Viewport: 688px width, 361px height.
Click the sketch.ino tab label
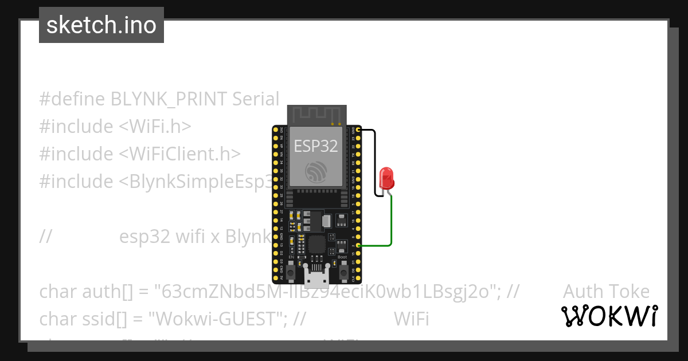tap(101, 25)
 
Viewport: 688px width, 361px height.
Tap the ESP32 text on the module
tap(316, 146)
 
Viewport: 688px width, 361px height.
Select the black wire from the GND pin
tap(375, 160)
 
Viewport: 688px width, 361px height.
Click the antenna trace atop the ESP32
tap(316, 115)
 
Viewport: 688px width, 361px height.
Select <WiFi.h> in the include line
tap(155, 127)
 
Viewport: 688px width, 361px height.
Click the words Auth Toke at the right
tap(606, 292)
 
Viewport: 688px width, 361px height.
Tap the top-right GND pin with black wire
tap(358, 131)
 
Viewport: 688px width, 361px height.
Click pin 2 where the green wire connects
tap(358, 246)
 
